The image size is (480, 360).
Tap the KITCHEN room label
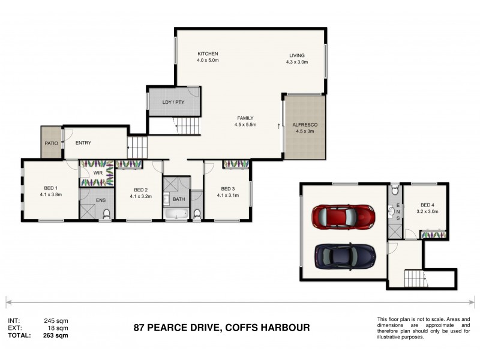coord(207,54)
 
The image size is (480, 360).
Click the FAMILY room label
coord(245,118)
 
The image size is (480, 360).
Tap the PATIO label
coord(50,142)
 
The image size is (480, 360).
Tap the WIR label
coord(97,174)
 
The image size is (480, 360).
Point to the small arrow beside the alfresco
coord(279,126)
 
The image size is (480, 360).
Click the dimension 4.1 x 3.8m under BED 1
coord(51,194)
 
